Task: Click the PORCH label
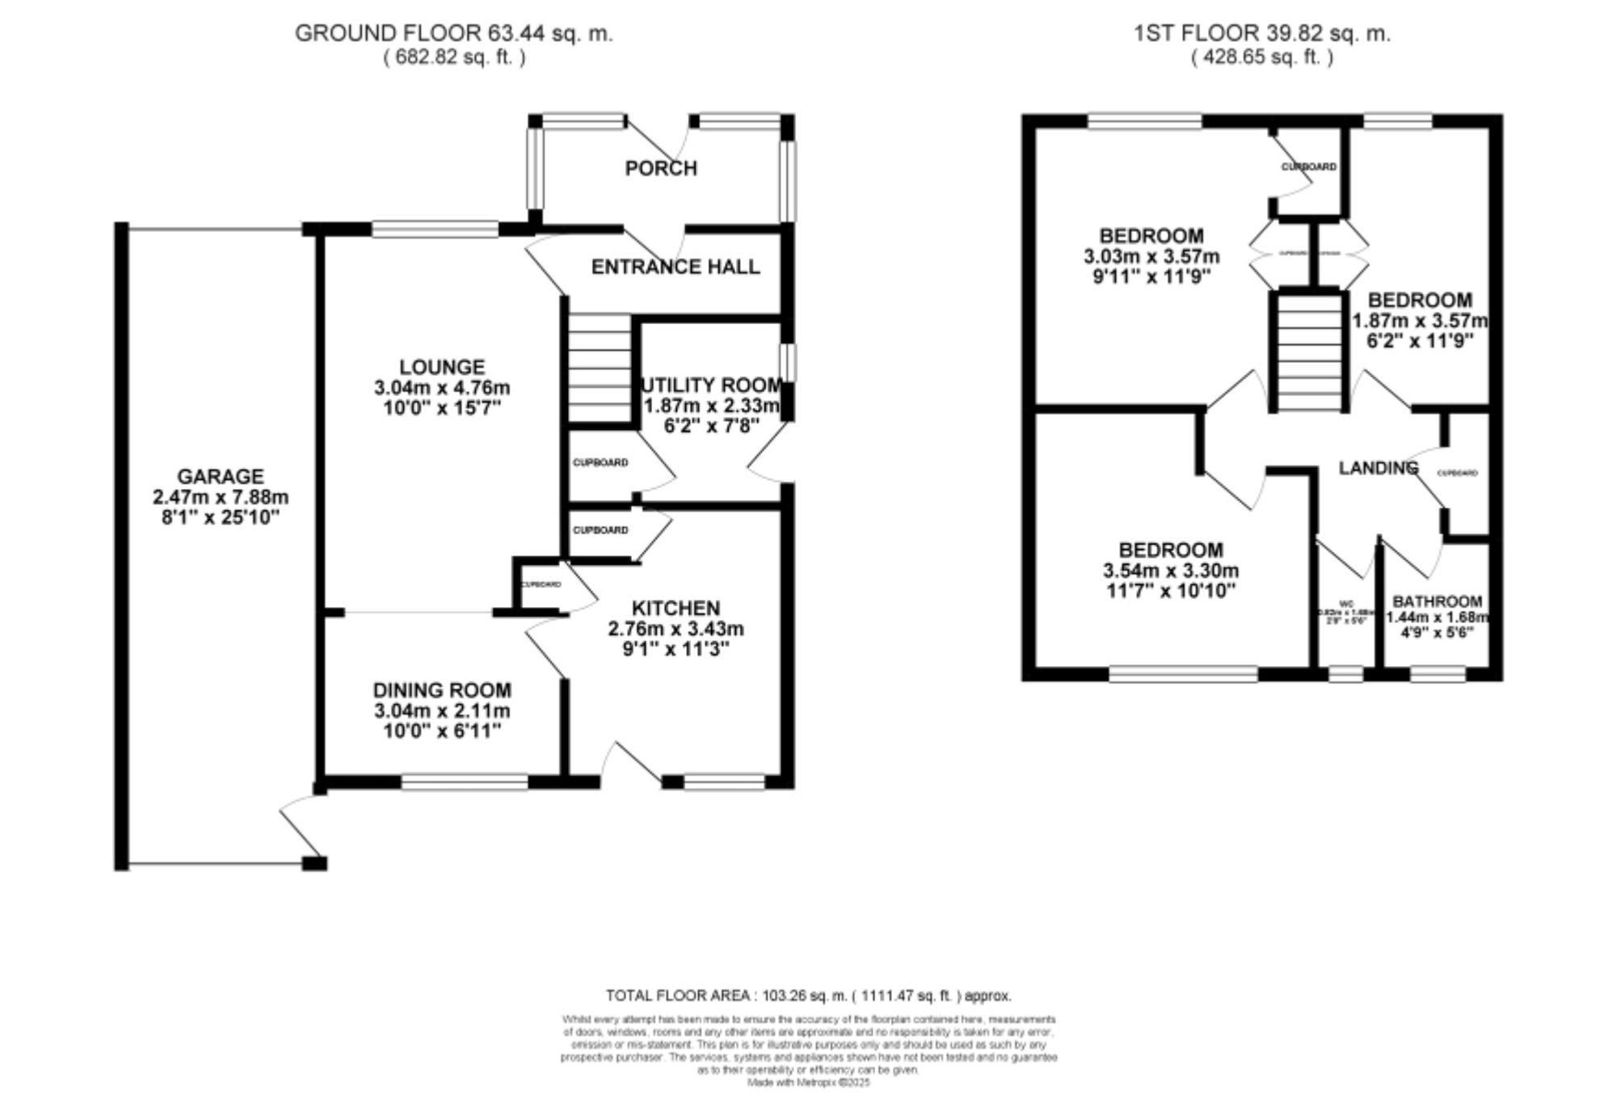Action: [x=660, y=168]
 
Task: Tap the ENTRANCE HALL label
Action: [x=675, y=267]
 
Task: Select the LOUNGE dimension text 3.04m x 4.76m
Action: [x=442, y=388]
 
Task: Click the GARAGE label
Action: [x=221, y=476]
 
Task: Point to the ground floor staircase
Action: [x=599, y=368]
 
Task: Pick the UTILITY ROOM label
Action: [x=711, y=385]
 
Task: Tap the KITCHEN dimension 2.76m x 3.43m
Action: [x=675, y=629]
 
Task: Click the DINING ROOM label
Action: [x=441, y=690]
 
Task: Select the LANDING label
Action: [x=1378, y=468]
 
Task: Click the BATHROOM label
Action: [x=1437, y=601]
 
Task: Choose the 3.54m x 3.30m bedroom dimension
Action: [x=1171, y=571]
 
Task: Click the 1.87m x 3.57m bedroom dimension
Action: [x=1420, y=320]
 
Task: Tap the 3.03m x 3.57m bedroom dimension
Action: [x=1151, y=257]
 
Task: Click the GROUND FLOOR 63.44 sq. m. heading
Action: [x=453, y=34]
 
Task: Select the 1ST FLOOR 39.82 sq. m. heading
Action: [x=1261, y=34]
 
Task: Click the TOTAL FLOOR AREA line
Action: [x=808, y=996]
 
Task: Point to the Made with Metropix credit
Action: [x=808, y=1082]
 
